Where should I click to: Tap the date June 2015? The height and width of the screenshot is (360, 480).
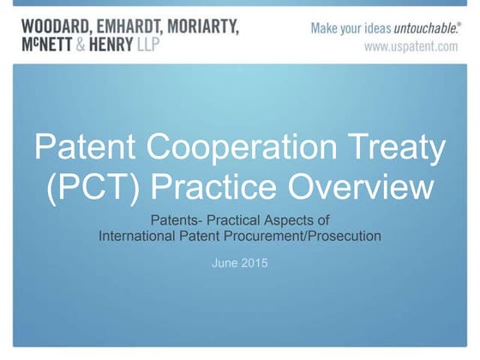239,262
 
